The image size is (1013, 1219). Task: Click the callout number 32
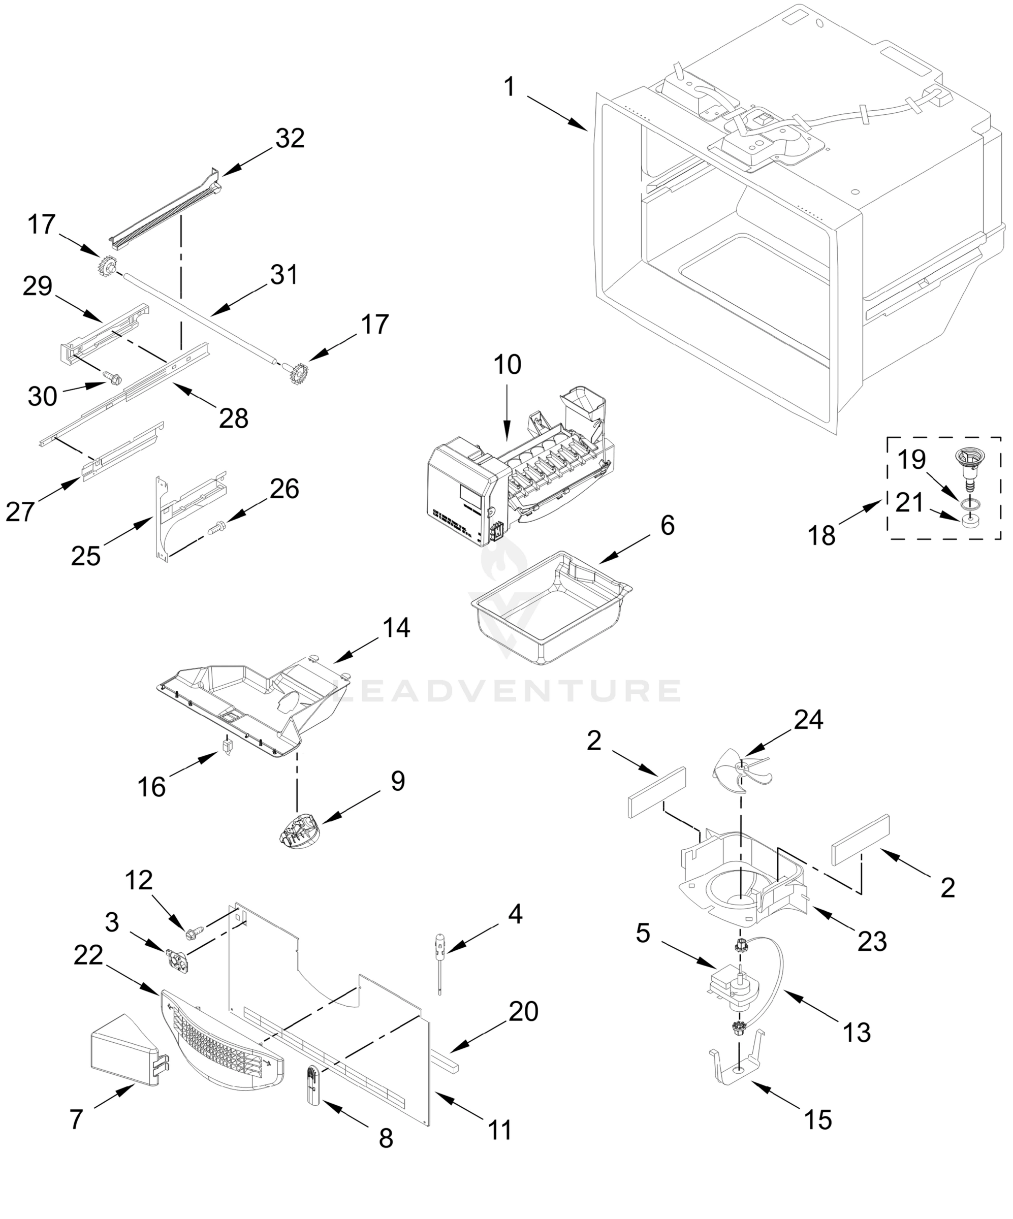(x=290, y=138)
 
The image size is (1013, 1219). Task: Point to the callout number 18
(x=821, y=535)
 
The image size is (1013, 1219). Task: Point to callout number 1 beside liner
(x=509, y=87)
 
